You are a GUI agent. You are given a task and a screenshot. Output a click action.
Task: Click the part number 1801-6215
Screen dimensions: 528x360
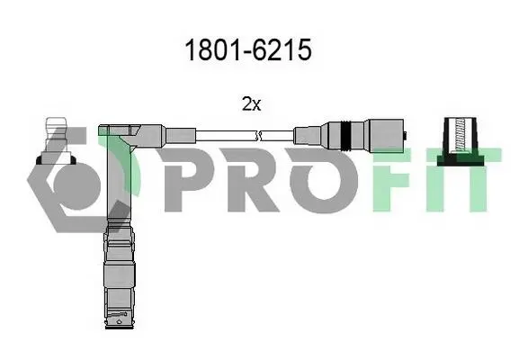tap(248, 49)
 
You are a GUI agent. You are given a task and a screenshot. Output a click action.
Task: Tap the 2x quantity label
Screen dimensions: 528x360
tap(251, 103)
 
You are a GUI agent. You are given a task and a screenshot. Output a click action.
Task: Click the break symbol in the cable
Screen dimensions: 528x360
tap(259, 136)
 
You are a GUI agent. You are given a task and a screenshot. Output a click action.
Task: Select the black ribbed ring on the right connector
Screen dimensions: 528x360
tap(345, 135)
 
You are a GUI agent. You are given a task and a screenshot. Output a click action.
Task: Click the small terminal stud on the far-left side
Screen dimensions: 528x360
tap(56, 141)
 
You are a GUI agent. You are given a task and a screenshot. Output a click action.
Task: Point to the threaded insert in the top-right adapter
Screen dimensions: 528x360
tap(460, 135)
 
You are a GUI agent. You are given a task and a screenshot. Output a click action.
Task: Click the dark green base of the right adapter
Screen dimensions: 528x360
tap(461, 160)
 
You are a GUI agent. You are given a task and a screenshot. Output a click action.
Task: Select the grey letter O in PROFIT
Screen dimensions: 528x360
tap(323, 180)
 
